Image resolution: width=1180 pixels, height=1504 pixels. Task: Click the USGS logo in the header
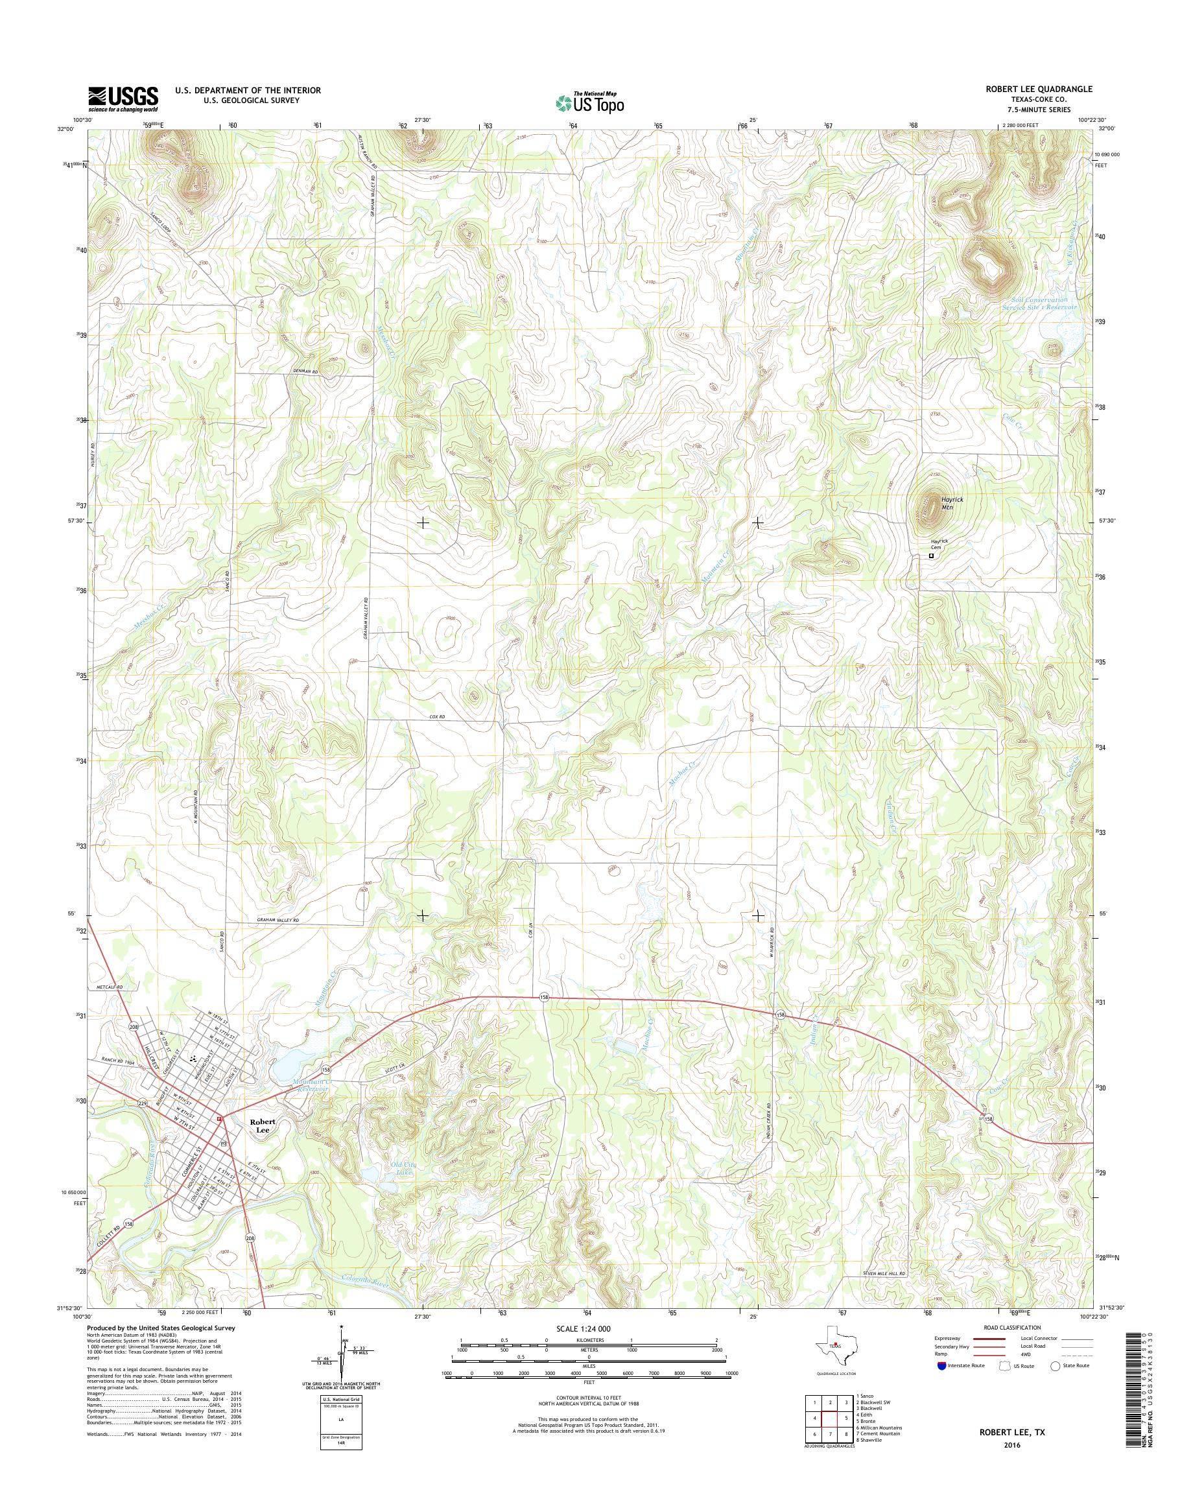(123, 99)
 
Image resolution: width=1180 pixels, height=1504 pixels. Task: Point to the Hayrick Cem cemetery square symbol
(931, 555)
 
